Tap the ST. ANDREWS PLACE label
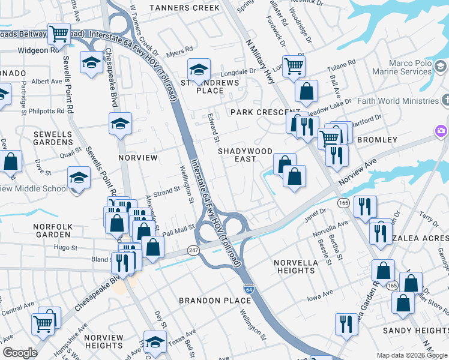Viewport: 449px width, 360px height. tap(210, 86)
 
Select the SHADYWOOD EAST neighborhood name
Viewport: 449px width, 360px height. tap(245, 155)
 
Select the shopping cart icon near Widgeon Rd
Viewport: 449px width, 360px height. tap(59, 34)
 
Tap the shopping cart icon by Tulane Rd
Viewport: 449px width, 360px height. tap(293, 65)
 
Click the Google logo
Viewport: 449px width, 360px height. tap(20, 353)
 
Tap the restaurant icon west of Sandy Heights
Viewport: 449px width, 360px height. tap(346, 324)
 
